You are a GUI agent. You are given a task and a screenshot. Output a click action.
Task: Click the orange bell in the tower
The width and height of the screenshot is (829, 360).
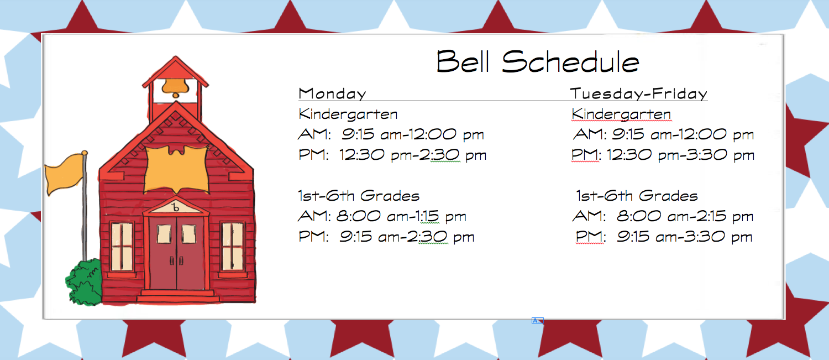coord(175,87)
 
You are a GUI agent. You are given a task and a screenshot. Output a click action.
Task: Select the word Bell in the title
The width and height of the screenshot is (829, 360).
coord(463,61)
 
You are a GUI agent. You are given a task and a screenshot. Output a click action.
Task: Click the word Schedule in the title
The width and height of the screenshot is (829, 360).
coord(570,61)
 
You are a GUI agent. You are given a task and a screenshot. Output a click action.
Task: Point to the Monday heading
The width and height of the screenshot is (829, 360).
coord(332,93)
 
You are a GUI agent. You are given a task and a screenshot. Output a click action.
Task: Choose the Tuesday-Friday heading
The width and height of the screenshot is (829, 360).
coord(638,93)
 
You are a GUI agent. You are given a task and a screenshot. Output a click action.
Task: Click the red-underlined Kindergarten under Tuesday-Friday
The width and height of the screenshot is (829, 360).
coord(621,114)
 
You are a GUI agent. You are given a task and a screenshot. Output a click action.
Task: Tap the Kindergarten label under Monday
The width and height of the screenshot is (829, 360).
coord(348,114)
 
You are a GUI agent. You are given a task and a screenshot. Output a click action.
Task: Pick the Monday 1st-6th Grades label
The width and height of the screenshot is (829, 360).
coord(359,196)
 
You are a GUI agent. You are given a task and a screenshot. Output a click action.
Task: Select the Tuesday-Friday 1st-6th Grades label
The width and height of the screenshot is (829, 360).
coord(637,196)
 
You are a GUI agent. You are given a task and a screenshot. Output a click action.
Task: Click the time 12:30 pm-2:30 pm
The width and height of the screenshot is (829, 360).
coord(413,155)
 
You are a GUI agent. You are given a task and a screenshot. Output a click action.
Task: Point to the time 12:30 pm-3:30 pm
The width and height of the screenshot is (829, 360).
coord(680,155)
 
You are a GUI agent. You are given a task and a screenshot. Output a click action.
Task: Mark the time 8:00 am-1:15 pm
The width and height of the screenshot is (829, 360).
coord(401,216)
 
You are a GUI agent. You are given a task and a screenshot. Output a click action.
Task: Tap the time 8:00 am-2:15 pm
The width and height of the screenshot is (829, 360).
coord(685,216)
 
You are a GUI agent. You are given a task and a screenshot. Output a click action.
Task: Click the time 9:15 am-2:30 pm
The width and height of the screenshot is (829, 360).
coord(407,237)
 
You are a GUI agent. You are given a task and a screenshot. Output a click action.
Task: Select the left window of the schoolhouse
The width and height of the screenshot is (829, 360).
coord(122,246)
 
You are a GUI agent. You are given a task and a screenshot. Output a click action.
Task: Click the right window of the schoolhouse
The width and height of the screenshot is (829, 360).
coord(232,246)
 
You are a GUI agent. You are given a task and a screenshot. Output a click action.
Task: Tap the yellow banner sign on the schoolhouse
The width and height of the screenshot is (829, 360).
coord(176,169)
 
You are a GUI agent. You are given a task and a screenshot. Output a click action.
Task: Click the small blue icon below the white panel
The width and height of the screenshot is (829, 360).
coord(537,321)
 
